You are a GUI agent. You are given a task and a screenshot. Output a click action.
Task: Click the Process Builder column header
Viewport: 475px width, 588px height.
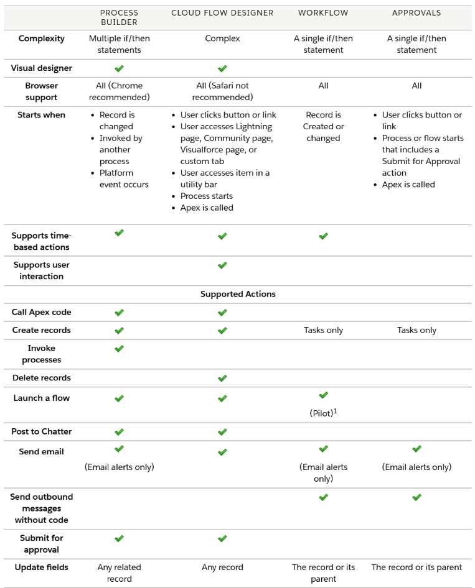pyautogui.click(x=119, y=17)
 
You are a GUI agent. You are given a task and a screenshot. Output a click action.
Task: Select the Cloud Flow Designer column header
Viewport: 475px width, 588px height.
pyautogui.click(x=222, y=12)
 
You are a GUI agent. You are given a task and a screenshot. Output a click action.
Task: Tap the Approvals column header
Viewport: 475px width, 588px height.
pyautogui.click(x=416, y=12)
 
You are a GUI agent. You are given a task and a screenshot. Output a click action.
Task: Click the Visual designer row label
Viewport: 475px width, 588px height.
pyautogui.click(x=42, y=68)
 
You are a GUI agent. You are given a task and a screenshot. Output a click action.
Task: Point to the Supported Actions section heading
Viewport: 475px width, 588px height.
pyautogui.click(x=238, y=294)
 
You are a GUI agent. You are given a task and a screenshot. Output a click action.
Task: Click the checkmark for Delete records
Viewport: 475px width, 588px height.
pyautogui.click(x=222, y=378)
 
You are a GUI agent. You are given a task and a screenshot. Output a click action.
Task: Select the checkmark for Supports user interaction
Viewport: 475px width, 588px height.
pyautogui.click(x=222, y=265)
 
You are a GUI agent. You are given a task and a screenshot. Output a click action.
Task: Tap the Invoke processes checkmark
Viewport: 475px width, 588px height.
pyautogui.click(x=120, y=349)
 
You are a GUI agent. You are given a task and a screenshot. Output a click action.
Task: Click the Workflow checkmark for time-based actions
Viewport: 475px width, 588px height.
pyautogui.click(x=323, y=236)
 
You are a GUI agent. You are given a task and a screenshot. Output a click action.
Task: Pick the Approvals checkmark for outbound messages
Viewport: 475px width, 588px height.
pyautogui.click(x=416, y=497)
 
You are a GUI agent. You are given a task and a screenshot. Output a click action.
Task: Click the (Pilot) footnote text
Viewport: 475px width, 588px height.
pyautogui.click(x=323, y=411)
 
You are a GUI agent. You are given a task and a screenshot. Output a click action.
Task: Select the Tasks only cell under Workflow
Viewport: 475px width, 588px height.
pyautogui.click(x=323, y=330)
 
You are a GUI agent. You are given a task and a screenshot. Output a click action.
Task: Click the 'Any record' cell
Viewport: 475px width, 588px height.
pyautogui.click(x=222, y=567)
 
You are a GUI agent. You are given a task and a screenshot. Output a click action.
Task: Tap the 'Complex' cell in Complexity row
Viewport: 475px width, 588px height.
pyautogui.click(x=222, y=39)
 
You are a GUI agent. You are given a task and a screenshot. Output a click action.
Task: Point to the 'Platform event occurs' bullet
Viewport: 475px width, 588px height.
pyautogui.click(x=124, y=178)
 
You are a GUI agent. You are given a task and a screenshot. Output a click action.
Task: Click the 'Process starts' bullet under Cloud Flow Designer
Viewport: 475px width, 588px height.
pyautogui.click(x=207, y=196)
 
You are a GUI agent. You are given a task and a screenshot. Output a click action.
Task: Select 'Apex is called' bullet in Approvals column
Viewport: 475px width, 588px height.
pyautogui.click(x=408, y=185)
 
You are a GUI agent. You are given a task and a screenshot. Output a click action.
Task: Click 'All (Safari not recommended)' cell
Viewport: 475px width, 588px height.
pyautogui.click(x=222, y=91)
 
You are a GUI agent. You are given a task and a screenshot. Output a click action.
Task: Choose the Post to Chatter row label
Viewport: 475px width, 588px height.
pyautogui.click(x=42, y=431)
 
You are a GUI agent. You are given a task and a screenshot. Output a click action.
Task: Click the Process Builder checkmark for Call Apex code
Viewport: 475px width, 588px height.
pyautogui.click(x=120, y=313)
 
